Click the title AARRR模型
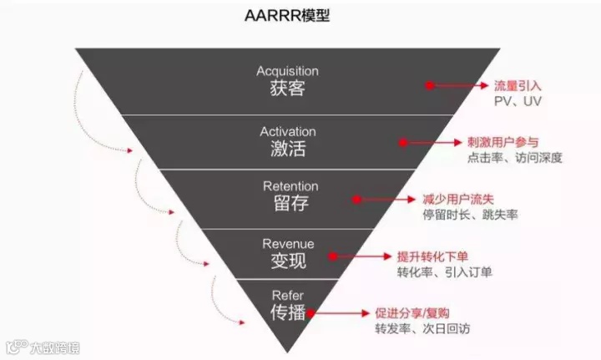[x=288, y=15]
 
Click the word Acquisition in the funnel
[x=287, y=71]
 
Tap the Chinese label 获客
[x=287, y=89]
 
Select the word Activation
[x=287, y=132]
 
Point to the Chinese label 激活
[x=287, y=150]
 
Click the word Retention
[x=287, y=186]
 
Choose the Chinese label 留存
[x=287, y=205]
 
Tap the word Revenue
[x=288, y=243]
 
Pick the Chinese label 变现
[x=288, y=261]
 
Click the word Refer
[x=288, y=295]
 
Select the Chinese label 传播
[x=288, y=313]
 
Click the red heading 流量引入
[x=518, y=84]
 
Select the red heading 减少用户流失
[x=457, y=200]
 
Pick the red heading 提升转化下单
[x=431, y=256]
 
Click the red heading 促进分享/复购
[x=410, y=313]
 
